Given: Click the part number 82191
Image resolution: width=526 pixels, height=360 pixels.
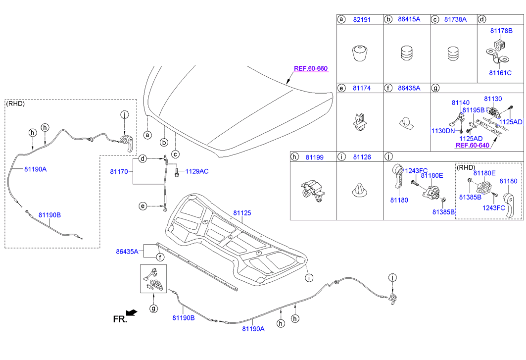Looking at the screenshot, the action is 362,19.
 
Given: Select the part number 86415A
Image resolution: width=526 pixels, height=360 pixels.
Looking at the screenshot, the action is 409,19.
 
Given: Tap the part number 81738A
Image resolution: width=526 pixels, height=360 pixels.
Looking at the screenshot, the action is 455,19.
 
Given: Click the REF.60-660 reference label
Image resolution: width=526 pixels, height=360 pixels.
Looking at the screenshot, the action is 311,68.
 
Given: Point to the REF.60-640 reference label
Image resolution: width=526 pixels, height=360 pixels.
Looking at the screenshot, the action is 473,146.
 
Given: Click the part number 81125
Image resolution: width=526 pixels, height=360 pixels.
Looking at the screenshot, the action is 242,213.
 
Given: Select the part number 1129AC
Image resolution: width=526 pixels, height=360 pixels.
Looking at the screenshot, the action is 197,171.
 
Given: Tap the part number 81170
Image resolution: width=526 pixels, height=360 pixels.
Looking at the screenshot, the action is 119,172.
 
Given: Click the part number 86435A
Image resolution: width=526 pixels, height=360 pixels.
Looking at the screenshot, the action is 127,252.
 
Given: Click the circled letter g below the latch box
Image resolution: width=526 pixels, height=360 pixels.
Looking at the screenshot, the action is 153,308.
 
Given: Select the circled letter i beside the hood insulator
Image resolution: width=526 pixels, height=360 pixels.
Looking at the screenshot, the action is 309,278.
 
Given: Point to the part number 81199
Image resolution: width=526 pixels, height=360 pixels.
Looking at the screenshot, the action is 315,157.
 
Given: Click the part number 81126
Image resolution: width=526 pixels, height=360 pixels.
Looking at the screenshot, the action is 362,157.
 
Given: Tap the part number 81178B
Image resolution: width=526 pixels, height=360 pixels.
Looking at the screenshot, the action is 501,31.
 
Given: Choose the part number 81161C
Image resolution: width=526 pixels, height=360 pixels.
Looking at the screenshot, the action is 500,73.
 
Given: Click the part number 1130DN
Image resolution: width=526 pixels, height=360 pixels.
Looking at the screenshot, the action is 443,131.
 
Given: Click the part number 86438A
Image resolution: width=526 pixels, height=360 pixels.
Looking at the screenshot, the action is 409,88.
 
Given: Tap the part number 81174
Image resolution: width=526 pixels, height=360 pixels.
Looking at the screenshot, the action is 362,88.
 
